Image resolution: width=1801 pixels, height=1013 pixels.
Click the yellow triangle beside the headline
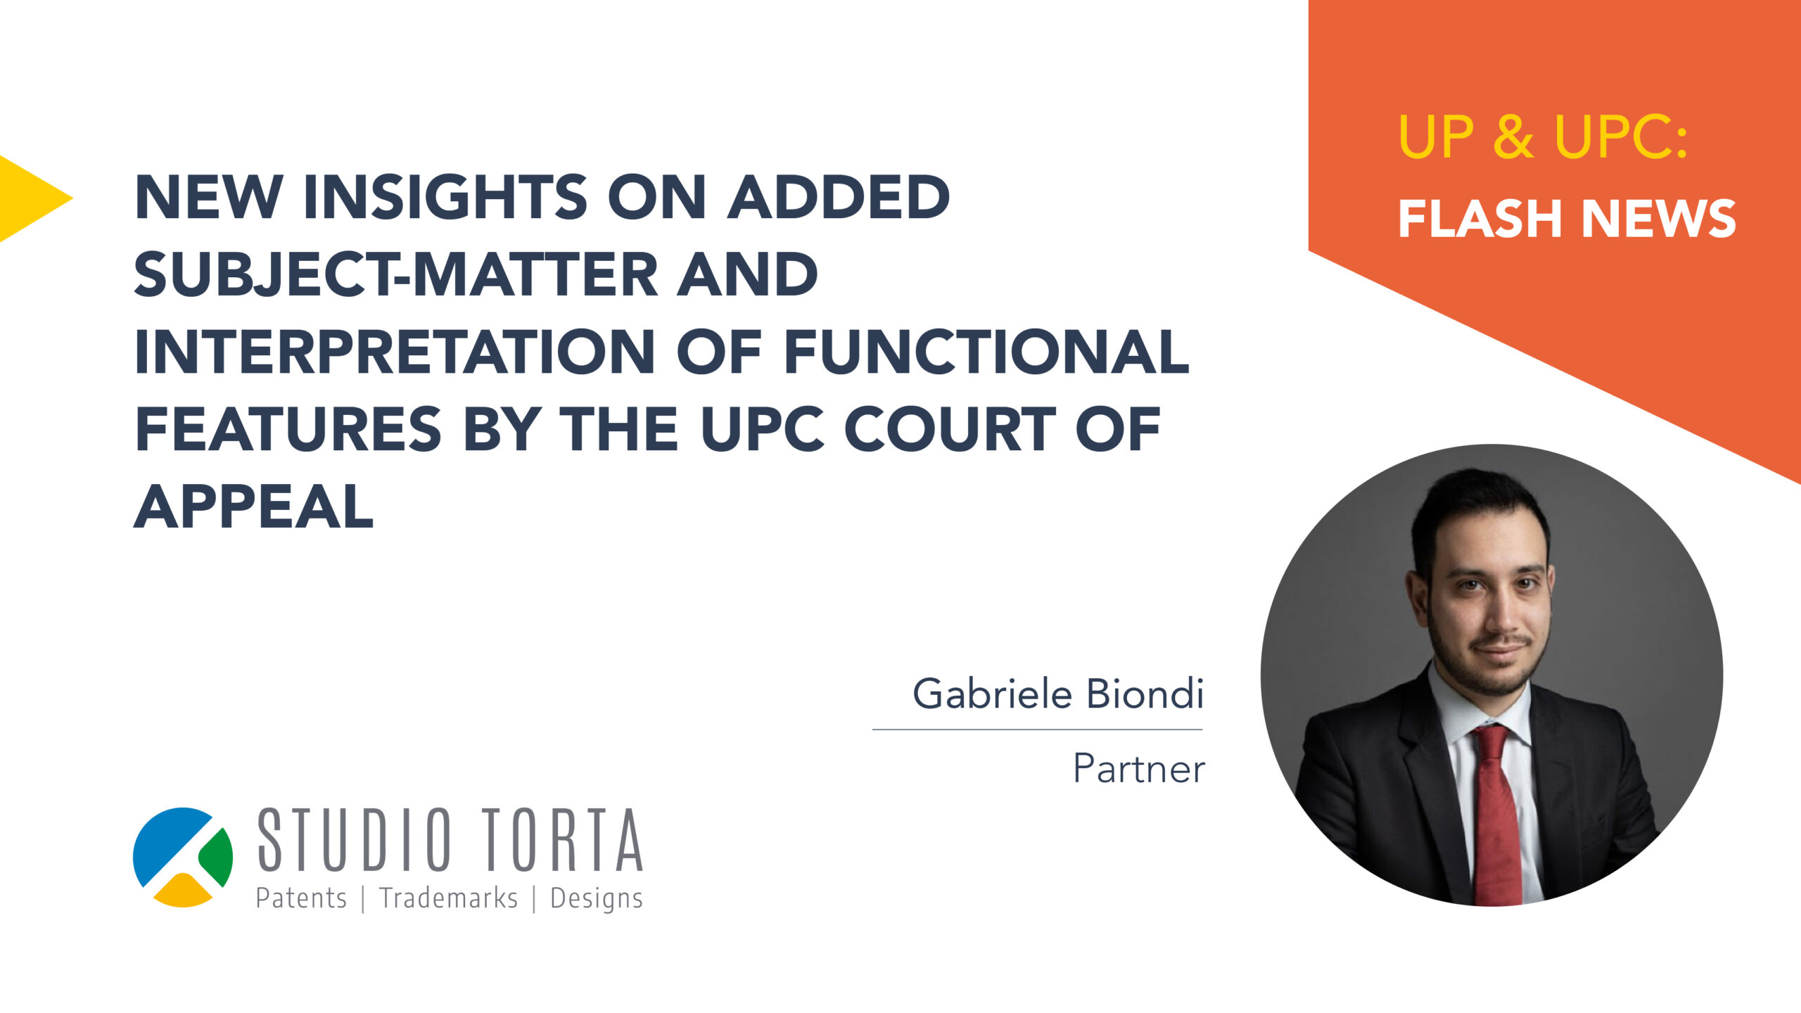28,198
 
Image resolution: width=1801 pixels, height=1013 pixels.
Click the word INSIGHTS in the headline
445,197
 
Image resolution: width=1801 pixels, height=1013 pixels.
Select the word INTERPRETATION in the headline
395,352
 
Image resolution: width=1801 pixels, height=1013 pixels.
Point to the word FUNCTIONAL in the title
986,352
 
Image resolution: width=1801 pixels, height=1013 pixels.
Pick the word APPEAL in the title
253,507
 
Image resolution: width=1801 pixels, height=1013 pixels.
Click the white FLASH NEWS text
1567,218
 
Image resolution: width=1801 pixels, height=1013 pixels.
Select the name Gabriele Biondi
1058,694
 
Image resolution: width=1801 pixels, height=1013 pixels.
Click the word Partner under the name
1138,768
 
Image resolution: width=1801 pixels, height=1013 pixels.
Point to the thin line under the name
1038,730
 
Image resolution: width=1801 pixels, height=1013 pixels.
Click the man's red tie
1496,816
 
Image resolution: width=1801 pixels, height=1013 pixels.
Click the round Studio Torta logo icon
183,857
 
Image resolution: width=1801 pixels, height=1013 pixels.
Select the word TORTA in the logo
563,839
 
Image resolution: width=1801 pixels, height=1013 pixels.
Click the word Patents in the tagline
301,898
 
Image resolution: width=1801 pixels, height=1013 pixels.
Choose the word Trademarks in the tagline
448,898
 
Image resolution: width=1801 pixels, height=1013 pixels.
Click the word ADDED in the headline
839,197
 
